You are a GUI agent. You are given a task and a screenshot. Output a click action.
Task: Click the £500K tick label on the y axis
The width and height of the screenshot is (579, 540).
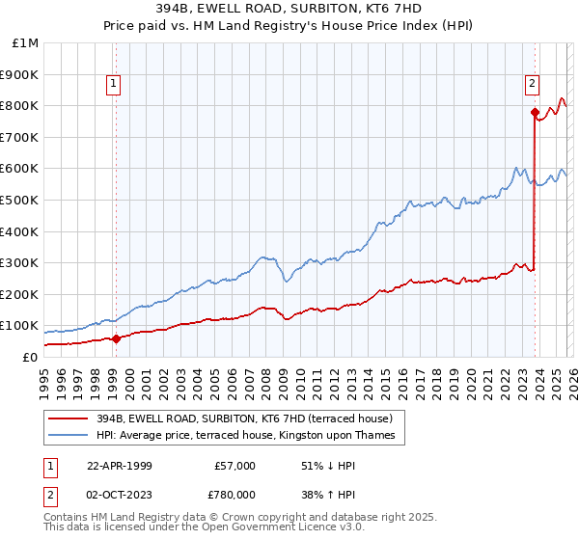[x=20, y=200]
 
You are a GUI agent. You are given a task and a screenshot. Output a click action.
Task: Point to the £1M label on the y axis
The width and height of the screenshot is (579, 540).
[x=26, y=42]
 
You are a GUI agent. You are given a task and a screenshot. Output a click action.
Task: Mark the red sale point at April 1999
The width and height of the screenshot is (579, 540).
[x=117, y=338]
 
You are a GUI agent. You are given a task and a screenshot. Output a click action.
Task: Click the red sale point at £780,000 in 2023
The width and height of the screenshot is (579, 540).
[x=534, y=112]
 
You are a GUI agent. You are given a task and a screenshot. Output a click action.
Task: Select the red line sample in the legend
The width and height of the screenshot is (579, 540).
[x=69, y=418]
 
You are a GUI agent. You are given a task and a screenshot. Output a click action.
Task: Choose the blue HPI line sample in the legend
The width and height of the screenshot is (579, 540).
[x=69, y=435]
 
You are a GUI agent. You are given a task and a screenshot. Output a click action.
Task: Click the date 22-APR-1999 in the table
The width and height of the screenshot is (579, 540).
[x=119, y=466]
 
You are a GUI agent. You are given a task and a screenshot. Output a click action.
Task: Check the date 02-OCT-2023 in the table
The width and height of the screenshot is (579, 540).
[x=119, y=495]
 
